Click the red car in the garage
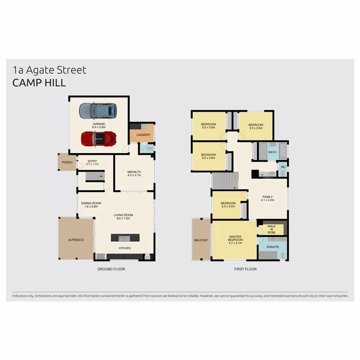tap(99, 139)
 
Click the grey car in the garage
tap(98, 111)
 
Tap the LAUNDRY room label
tap(143, 135)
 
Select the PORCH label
tap(67, 162)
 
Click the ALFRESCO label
tap(76, 239)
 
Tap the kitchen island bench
tap(126, 238)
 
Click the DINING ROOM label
tap(91, 203)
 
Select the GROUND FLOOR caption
tap(111, 269)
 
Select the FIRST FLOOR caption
tap(245, 269)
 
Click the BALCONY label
tap(201, 240)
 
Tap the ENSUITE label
tap(273, 247)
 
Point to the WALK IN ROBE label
tap(272, 229)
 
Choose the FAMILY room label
tap(268, 197)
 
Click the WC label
tap(283, 167)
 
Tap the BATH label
tap(272, 152)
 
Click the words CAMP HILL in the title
tap(39, 83)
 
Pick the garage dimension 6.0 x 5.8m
tap(99, 128)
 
